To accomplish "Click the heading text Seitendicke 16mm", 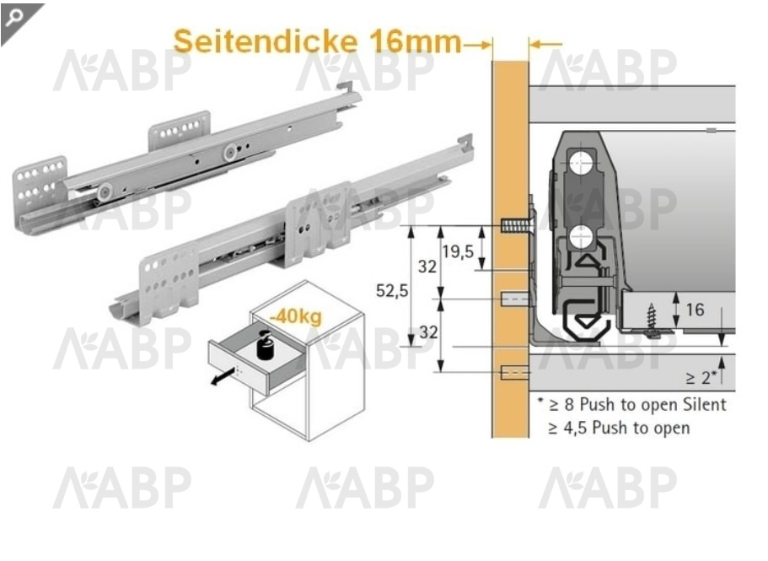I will (317, 40).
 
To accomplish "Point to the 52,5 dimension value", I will (392, 290).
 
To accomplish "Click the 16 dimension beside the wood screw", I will (695, 310).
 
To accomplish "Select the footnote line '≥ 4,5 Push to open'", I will (619, 428).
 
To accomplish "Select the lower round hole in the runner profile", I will (580, 238).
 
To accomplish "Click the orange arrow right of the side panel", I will (546, 44).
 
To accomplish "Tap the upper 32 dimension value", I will (428, 267).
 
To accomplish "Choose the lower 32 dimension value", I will (428, 332).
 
